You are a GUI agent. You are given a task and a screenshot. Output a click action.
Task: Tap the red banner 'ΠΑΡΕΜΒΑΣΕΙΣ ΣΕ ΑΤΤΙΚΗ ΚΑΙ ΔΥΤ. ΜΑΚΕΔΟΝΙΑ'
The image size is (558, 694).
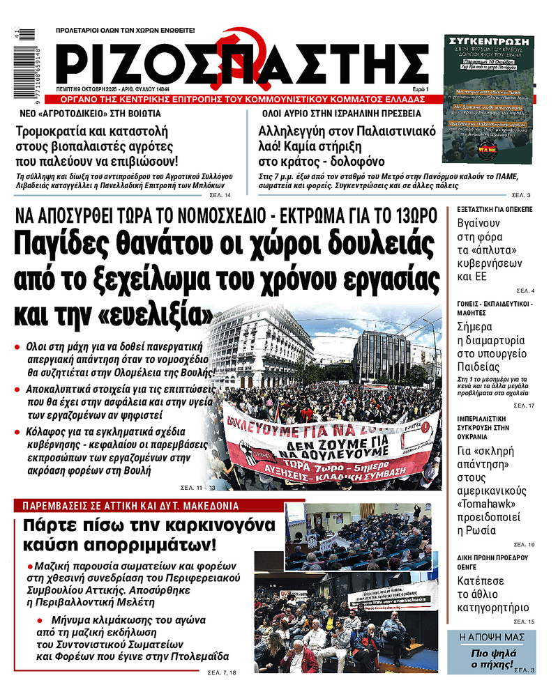(x=130, y=506)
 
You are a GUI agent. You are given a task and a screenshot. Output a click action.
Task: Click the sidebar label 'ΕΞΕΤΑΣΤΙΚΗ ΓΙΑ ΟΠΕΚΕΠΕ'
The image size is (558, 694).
(x=495, y=209)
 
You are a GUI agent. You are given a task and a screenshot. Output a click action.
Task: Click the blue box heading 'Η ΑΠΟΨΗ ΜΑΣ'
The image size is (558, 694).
(x=491, y=638)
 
